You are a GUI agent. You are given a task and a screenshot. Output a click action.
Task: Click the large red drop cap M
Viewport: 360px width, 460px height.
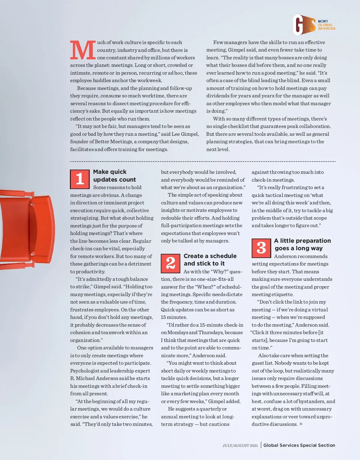point(83,50)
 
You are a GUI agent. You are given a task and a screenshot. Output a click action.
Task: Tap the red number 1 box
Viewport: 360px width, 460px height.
point(80,179)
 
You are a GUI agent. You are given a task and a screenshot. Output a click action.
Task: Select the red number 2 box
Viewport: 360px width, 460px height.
point(170,263)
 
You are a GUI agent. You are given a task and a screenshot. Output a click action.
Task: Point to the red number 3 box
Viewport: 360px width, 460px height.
point(261,248)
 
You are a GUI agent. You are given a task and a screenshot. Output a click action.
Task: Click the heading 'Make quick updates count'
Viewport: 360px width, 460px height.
point(114,176)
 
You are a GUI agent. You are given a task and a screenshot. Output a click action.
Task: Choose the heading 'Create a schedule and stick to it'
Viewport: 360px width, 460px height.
point(210,260)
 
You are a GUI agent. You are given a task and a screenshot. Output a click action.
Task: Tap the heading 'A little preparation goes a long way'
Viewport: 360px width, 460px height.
point(302,245)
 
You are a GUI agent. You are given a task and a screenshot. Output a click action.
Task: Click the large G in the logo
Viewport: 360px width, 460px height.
point(299,25)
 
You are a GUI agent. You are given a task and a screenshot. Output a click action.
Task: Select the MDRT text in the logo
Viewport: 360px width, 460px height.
point(323,21)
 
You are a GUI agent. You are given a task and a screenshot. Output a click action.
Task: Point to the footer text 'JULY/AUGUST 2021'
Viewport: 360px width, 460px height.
point(240,446)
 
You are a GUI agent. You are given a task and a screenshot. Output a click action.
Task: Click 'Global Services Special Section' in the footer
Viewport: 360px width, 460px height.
point(299,445)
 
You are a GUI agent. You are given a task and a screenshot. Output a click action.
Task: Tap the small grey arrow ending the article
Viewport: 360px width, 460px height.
point(301,424)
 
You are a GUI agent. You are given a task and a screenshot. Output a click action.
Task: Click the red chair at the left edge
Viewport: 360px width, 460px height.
point(27,229)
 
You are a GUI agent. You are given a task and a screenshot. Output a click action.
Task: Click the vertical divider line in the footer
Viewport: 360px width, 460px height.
point(261,445)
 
